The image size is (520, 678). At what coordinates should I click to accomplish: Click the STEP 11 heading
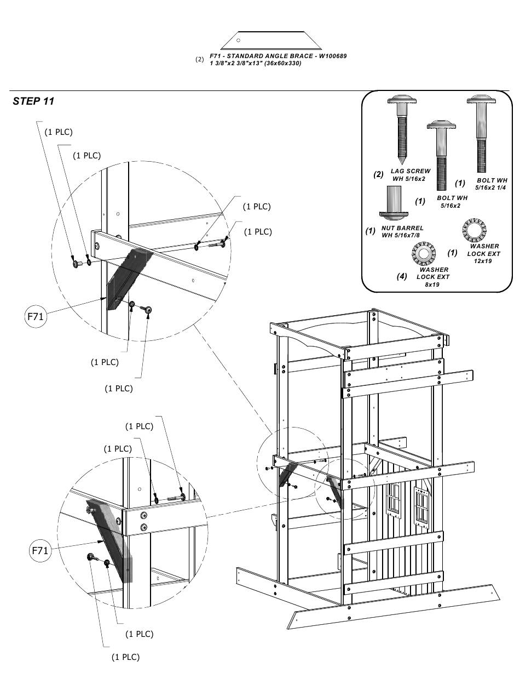point(33,101)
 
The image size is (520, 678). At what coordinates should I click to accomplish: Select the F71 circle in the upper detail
point(36,317)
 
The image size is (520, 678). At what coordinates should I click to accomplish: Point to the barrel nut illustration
point(394,203)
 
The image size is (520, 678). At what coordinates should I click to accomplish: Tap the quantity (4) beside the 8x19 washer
point(402,276)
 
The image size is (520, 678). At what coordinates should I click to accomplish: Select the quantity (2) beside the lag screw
point(378,175)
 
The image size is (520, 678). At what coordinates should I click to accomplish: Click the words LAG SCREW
point(411,172)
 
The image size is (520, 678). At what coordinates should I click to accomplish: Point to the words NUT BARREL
point(403,228)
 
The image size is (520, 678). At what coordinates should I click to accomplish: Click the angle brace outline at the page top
point(271,41)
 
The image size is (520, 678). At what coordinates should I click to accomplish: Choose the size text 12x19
point(483,261)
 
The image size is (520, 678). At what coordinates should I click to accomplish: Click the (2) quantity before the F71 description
point(200,59)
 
